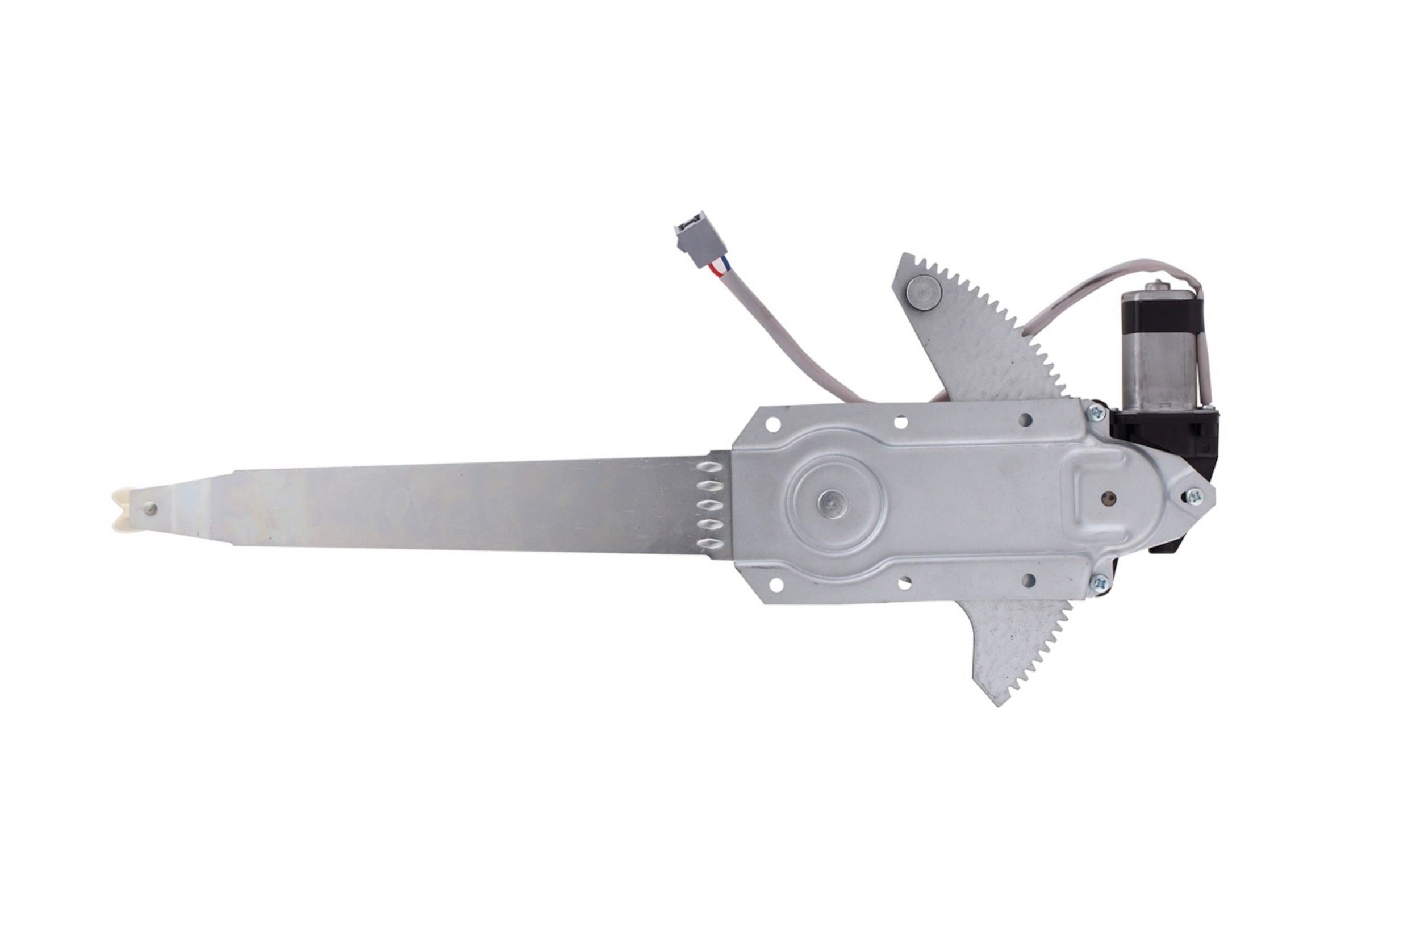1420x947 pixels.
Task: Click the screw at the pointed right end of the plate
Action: pos(1194,497)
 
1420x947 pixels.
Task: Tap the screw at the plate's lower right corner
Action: pos(1100,582)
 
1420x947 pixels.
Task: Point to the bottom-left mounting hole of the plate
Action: pos(776,585)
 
